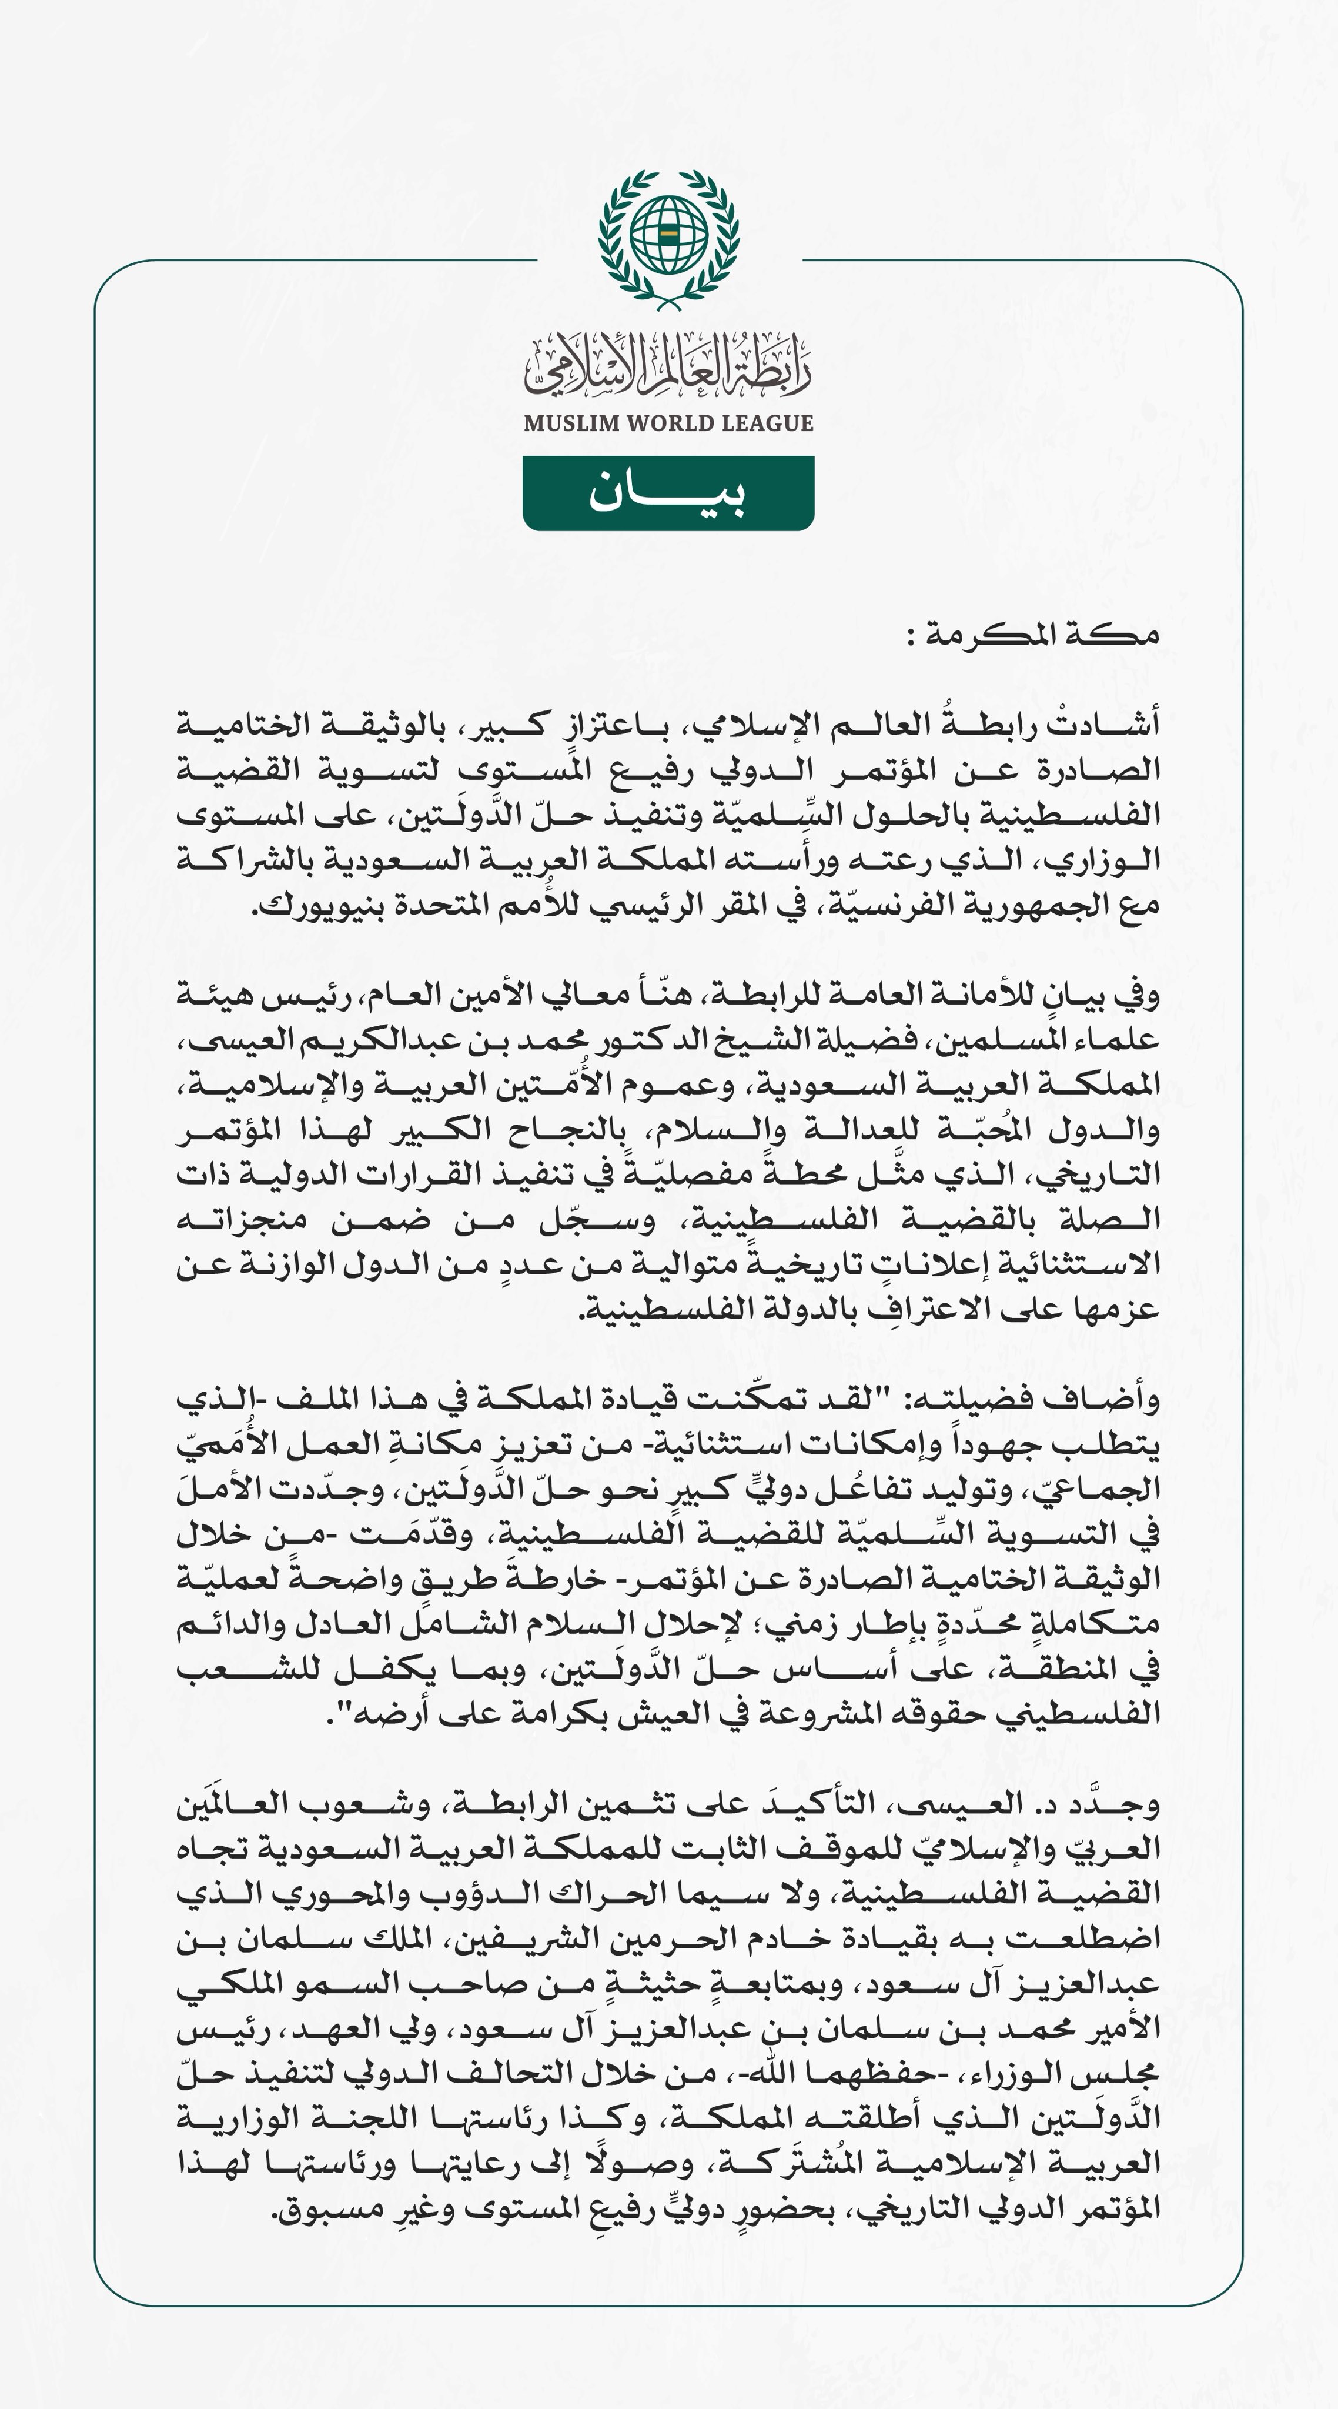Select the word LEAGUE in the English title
click(775, 423)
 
